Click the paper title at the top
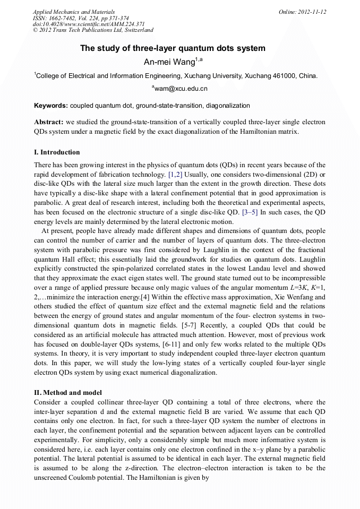click(x=173, y=48)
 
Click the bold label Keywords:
click(x=50, y=106)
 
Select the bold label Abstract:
click(x=49, y=122)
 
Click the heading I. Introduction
click(x=57, y=152)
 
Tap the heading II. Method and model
click(x=68, y=392)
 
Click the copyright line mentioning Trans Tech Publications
click(x=93, y=30)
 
